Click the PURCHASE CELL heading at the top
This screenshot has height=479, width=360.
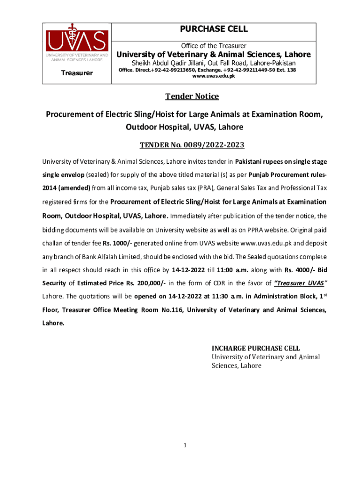click(214, 29)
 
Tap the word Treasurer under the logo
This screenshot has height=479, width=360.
click(77, 73)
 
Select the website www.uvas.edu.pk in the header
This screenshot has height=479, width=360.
click(214, 76)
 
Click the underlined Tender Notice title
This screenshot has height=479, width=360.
click(192, 96)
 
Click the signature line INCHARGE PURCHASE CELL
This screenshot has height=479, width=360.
click(256, 348)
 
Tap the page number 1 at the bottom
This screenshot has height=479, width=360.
click(185, 445)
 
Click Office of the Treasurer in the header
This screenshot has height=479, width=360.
click(214, 46)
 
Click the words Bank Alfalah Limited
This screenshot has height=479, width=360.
click(115, 257)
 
